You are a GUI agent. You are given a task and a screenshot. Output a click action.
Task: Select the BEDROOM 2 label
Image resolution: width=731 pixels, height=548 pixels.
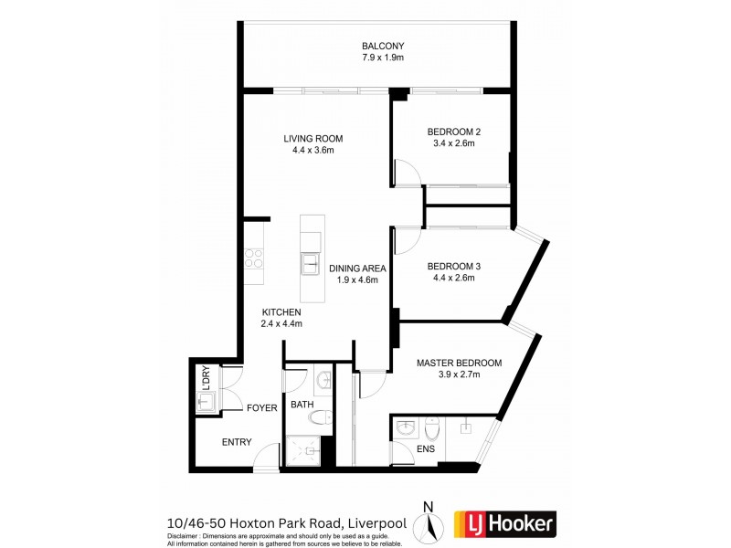click(453, 132)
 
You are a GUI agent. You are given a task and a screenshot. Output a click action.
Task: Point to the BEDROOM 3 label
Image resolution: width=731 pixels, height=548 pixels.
click(453, 266)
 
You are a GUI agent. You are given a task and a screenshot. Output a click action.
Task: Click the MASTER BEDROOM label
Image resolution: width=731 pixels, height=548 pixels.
click(448, 363)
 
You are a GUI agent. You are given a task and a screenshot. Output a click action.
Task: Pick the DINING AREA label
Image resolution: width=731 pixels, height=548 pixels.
click(357, 269)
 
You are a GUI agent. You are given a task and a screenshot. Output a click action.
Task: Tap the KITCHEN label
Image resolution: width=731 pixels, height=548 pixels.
click(281, 312)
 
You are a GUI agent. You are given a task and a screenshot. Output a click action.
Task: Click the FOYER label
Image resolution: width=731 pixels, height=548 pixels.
click(261, 408)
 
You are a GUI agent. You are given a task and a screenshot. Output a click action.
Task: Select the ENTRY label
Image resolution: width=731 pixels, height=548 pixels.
click(237, 442)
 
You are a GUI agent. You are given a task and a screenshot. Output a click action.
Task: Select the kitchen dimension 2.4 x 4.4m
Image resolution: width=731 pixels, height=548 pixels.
click(281, 324)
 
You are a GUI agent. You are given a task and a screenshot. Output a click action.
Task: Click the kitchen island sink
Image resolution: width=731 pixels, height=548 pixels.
click(310, 265)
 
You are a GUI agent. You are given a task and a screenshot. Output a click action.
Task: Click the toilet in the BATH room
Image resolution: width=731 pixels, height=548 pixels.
click(319, 418)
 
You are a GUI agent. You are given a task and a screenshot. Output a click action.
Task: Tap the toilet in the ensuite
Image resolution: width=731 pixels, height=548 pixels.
click(433, 426)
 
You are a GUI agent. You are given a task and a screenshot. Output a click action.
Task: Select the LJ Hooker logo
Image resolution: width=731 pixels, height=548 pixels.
click(504, 523)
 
